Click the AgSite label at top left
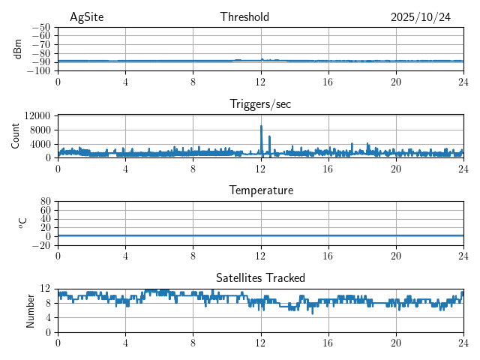pyautogui.click(x=86, y=17)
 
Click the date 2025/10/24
pyautogui.click(x=421, y=17)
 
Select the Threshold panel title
pyautogui.click(x=244, y=17)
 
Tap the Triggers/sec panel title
pyautogui.click(x=260, y=104)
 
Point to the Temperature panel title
pyautogui.click(x=260, y=190)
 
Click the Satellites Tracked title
pyautogui.click(x=260, y=277)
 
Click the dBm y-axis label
pyautogui.click(x=19, y=49)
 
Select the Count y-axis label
pyautogui.click(x=16, y=136)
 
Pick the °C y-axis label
pyautogui.click(x=22, y=223)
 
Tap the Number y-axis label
pyautogui.click(x=31, y=310)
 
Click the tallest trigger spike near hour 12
pyautogui.click(x=261, y=126)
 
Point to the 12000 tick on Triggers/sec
pyautogui.click(x=37, y=115)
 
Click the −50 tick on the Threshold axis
pyautogui.click(x=40, y=27)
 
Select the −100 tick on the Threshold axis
pyautogui.click(x=38, y=71)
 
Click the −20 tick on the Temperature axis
pyautogui.click(x=40, y=245)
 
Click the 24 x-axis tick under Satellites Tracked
pyautogui.click(x=463, y=342)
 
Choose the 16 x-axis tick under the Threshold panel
pyautogui.click(x=328, y=81)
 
